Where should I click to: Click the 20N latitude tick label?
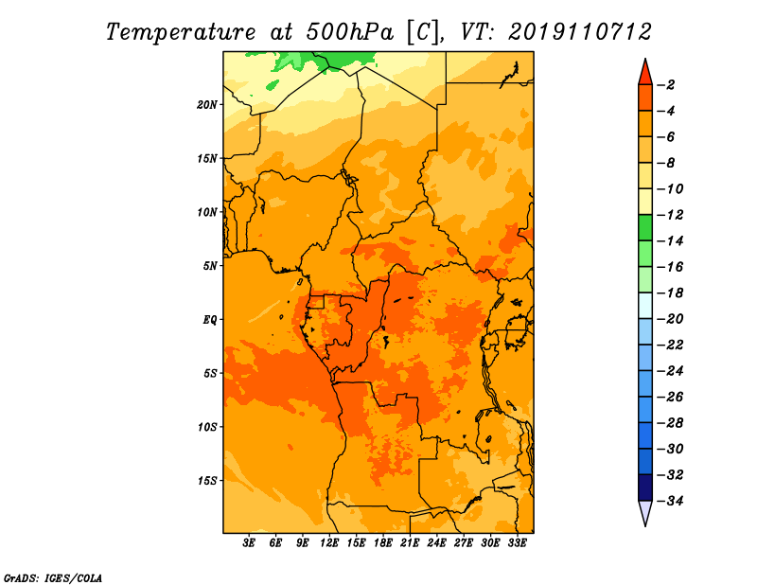pos(207,104)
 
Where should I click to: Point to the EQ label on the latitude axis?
pos(210,320)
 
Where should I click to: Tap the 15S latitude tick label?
pos(207,481)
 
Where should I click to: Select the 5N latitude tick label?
pos(210,266)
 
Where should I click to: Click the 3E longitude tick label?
pos(249,542)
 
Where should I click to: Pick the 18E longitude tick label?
pos(382,542)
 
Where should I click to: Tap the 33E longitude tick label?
pos(517,542)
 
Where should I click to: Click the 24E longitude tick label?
pos(436,542)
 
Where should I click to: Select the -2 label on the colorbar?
pos(666,85)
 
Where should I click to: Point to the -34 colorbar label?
pos(670,501)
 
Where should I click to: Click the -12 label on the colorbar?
pos(670,215)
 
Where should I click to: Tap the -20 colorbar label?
pos(670,319)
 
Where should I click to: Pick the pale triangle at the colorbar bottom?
pos(645,511)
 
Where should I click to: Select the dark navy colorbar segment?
pos(645,487)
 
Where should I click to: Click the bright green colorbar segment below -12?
pos(645,227)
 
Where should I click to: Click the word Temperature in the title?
pos(181,32)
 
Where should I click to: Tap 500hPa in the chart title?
pos(350,32)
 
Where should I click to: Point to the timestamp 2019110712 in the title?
pos(580,32)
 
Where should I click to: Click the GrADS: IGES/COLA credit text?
pos(53,577)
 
